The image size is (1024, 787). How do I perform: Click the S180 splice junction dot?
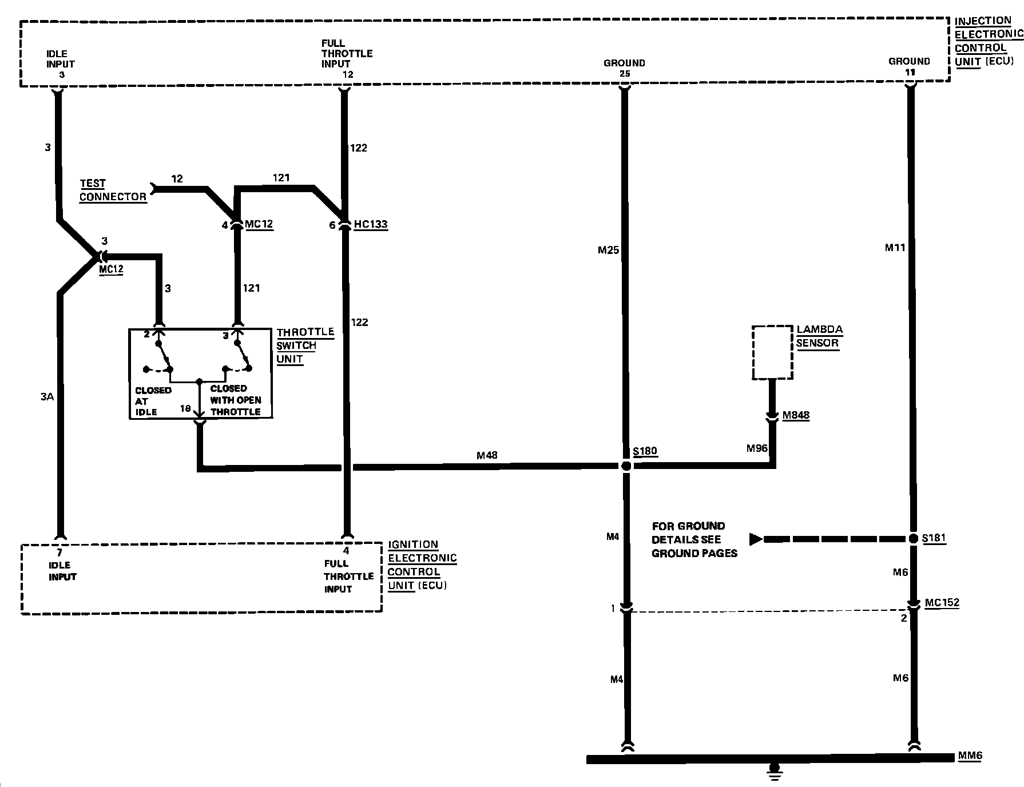(x=626, y=466)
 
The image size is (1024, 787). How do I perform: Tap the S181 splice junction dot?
(x=913, y=539)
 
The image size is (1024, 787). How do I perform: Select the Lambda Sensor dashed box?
(x=772, y=352)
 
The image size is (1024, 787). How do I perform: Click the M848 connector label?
(x=796, y=415)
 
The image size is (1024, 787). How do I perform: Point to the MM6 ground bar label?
(x=970, y=756)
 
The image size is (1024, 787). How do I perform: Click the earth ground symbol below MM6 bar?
(x=775, y=770)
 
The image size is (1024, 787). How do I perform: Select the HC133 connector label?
(x=370, y=224)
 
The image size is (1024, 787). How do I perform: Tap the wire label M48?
(x=487, y=455)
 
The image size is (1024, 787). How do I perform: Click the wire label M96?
(x=757, y=448)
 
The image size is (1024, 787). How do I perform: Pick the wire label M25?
(x=608, y=250)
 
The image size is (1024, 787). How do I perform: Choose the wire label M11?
(x=895, y=248)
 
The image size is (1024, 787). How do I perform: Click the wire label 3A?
(x=47, y=396)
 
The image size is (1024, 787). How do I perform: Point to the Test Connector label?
(x=112, y=190)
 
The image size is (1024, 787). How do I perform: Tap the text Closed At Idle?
(x=152, y=400)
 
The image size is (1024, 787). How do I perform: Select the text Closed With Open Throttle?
(x=236, y=400)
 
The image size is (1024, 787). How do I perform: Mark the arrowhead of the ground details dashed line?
(x=756, y=539)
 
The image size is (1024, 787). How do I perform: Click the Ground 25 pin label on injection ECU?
(x=624, y=68)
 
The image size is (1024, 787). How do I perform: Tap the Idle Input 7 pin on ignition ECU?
(x=59, y=553)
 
